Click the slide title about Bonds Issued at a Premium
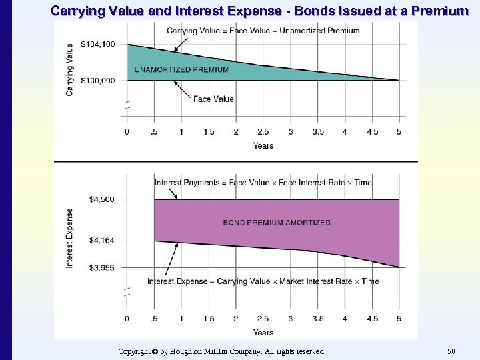tap(260, 11)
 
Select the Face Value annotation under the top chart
tap(213, 99)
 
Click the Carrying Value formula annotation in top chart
tap(263, 31)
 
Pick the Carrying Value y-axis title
tap(70, 69)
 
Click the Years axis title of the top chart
tap(263, 145)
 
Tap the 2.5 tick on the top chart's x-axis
tap(263, 132)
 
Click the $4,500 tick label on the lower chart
tap(101, 199)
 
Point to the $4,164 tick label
tap(101, 241)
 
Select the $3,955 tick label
tap(101, 268)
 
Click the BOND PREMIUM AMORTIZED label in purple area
tap(276, 223)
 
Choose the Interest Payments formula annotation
tap(263, 183)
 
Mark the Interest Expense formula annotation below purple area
tap(263, 281)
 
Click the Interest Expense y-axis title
tap(70, 239)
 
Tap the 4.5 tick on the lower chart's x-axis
tap(371, 319)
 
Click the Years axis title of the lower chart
tap(263, 332)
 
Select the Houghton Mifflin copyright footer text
tap(221, 351)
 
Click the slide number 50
tap(452, 351)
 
